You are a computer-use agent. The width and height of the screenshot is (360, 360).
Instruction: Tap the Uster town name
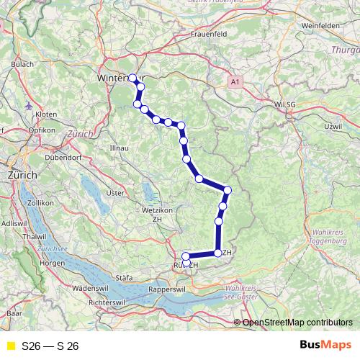[x=114, y=193]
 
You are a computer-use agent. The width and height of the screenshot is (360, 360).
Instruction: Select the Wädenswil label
[x=90, y=287]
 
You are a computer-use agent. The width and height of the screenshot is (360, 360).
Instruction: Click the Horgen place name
[x=53, y=263]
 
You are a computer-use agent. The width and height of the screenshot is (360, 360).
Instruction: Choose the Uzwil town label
[x=333, y=126]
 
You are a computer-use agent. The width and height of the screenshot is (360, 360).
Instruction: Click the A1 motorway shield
[x=234, y=84]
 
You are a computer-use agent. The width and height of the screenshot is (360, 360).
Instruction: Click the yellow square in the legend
[x=10, y=346]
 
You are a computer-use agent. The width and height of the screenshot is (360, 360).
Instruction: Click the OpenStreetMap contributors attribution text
[x=297, y=323]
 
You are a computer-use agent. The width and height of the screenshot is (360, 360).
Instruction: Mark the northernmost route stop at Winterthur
[x=132, y=78]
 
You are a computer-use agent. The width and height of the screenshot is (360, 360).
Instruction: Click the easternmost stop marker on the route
[x=228, y=190]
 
